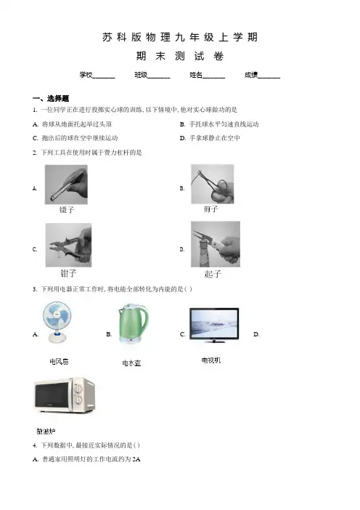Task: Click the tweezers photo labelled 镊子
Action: tap(66, 185)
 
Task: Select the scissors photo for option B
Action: tap(212, 184)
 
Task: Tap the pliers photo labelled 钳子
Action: tap(68, 245)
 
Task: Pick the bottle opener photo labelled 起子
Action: tap(216, 244)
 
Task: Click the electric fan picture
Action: tap(57, 323)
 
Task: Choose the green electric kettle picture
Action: tap(134, 324)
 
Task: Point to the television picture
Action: tap(214, 325)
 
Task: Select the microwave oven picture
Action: tap(65, 395)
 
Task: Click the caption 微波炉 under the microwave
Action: tap(46, 432)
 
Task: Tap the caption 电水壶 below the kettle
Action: tap(131, 363)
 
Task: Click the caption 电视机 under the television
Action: tap(211, 360)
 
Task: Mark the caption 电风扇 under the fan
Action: tap(59, 361)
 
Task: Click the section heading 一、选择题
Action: tap(51, 98)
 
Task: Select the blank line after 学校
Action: tap(104, 78)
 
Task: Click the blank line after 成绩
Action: tap(269, 78)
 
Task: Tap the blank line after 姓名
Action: tap(214, 78)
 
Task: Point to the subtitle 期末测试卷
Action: tap(180, 56)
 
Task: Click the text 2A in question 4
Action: tap(136, 459)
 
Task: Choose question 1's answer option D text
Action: tap(210, 138)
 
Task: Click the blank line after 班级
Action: tap(159, 78)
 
